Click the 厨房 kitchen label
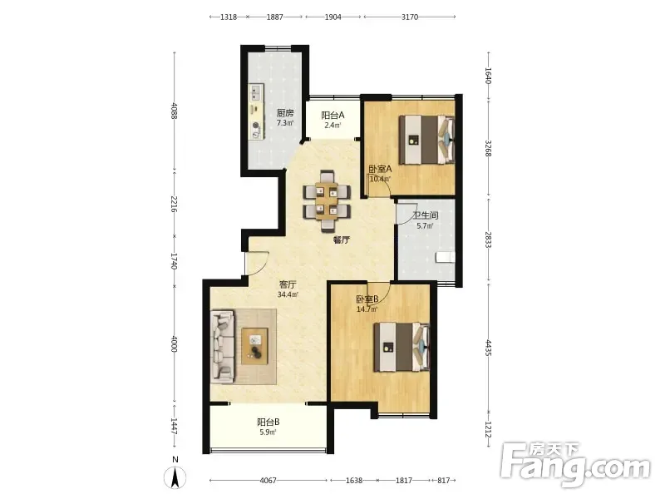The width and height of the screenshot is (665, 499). [x=285, y=113]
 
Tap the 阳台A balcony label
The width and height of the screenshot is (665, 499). [x=332, y=115]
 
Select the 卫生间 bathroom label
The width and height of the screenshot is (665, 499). [x=426, y=215]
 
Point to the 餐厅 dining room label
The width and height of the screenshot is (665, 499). [x=341, y=240]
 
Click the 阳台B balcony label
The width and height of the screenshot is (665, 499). [x=268, y=422]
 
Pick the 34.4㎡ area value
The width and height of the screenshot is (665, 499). [x=287, y=294]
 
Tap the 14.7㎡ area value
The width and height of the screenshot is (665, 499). [x=367, y=309]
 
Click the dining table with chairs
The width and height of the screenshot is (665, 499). [x=327, y=200]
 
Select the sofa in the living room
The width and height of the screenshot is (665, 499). [x=223, y=344]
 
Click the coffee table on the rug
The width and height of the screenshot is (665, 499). [x=255, y=346]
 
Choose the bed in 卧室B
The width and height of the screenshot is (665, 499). [x=401, y=347]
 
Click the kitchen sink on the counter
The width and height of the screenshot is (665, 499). [x=256, y=91]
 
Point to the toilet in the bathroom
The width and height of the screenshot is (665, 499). [x=446, y=257]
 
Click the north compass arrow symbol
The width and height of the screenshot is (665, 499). [x=175, y=477]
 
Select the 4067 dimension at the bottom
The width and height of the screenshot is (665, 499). [x=268, y=481]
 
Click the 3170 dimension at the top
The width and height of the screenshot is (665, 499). [x=410, y=17]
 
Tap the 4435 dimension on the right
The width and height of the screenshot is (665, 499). [x=488, y=348]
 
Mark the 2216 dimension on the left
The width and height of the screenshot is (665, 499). [x=174, y=204]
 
